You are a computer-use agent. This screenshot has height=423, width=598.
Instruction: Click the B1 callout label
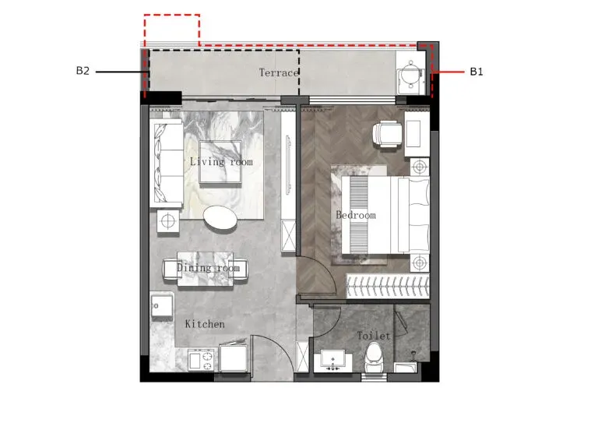477,72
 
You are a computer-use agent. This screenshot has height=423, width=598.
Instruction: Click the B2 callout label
83,71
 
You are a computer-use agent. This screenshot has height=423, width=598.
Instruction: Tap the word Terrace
279,72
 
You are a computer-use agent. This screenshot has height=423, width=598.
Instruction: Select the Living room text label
221,162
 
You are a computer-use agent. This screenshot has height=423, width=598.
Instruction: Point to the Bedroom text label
356,215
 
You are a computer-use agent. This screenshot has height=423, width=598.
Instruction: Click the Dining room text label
208,267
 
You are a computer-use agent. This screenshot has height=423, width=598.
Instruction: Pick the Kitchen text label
205,324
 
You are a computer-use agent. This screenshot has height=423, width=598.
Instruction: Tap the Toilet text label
374,336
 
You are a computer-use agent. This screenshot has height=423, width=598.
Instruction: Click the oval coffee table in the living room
220,218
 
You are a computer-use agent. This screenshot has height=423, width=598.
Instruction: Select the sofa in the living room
166,164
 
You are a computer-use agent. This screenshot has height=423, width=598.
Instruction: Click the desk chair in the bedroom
387,133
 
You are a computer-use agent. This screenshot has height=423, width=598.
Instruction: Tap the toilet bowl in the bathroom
374,358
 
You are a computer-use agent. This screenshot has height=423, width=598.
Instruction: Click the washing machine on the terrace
411,73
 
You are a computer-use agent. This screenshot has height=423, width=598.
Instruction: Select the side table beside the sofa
168,220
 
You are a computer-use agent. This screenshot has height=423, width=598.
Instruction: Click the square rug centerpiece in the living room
220,162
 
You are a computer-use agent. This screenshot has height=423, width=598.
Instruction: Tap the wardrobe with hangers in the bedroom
388,286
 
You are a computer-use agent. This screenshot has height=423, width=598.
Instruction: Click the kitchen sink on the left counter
162,306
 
